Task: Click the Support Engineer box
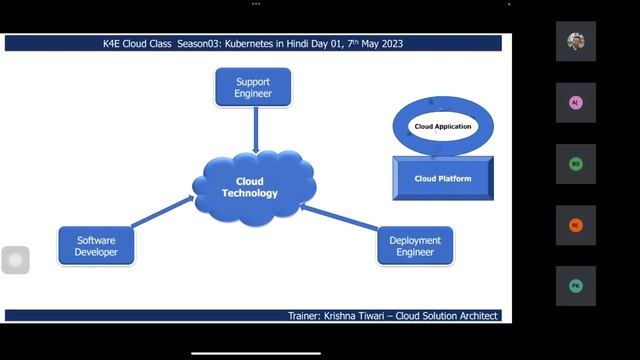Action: tap(253, 87)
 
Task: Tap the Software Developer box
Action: tap(96, 246)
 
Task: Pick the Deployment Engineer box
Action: tap(414, 246)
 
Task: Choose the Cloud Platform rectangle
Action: tap(442, 179)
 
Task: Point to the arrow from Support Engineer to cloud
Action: tap(256, 129)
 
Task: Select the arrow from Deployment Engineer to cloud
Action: tap(340, 221)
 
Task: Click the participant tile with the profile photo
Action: tap(575, 42)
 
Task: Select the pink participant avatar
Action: tap(575, 103)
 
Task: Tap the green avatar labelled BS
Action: tap(575, 164)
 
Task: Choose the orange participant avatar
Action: tap(575, 225)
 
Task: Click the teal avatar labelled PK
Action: tap(575, 286)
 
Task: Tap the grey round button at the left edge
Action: tap(15, 260)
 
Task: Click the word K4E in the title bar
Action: tap(115, 44)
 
